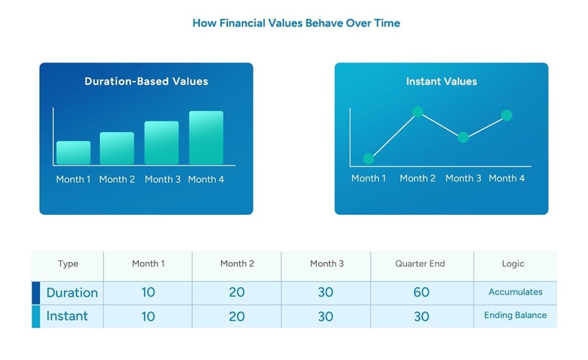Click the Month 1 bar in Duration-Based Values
click(x=73, y=153)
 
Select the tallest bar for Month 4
click(x=206, y=138)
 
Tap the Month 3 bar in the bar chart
click(x=161, y=142)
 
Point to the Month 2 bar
click(x=117, y=148)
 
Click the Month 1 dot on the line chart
click(x=368, y=159)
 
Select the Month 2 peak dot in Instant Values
click(x=417, y=111)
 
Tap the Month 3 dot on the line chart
click(x=463, y=137)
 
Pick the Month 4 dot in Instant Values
click(x=506, y=115)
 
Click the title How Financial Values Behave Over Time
click(x=296, y=24)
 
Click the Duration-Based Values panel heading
click(x=146, y=82)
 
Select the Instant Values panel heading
click(x=442, y=82)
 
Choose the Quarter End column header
click(x=420, y=263)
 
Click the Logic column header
click(x=513, y=263)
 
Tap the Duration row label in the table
click(x=72, y=293)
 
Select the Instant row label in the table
click(x=67, y=316)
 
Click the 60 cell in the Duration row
click(x=421, y=292)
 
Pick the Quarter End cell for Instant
click(x=421, y=316)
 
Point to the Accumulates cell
click(x=515, y=292)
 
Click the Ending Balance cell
click(x=515, y=315)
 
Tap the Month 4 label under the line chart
click(x=506, y=178)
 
